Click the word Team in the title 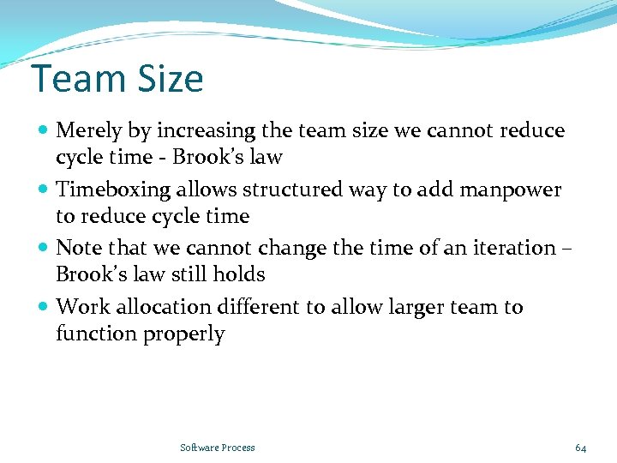(75, 80)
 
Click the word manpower (512, 189)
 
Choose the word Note (77, 248)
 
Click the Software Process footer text (218, 448)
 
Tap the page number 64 (580, 448)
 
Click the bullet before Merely (44, 131)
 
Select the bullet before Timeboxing (44, 189)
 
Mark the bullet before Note (44, 248)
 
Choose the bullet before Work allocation (44, 307)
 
